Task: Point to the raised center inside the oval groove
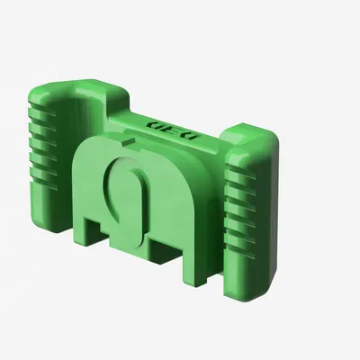pos(126,193)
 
